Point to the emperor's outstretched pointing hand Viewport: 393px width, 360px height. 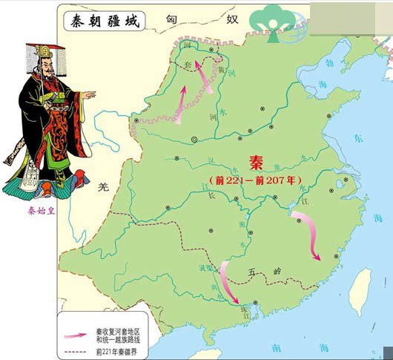pyautogui.click(x=88, y=94)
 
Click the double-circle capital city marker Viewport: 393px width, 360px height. pyautogui.click(x=195, y=139)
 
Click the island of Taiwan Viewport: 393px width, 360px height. pyautogui.click(x=361, y=289)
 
